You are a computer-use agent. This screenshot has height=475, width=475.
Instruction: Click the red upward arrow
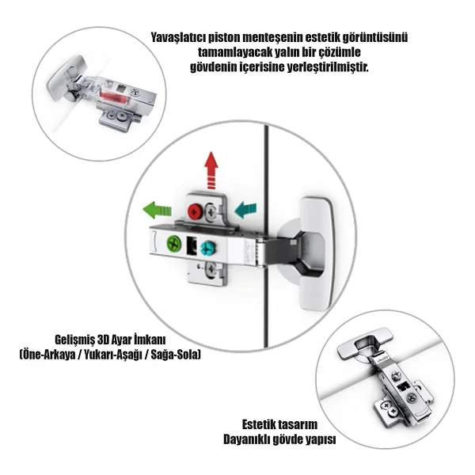[x=211, y=170]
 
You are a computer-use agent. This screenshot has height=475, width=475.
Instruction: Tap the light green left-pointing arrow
[x=157, y=210]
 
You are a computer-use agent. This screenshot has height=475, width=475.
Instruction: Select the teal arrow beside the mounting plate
[x=245, y=210]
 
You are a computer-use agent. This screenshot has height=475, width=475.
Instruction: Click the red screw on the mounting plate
[x=195, y=211]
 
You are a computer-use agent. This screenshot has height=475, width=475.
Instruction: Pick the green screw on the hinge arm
[x=174, y=243]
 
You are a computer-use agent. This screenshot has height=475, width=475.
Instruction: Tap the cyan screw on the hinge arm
[x=207, y=248]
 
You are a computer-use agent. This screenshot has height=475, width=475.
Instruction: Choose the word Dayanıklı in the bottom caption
[x=246, y=439]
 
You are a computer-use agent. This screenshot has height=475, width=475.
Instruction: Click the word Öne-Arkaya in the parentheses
[x=47, y=354]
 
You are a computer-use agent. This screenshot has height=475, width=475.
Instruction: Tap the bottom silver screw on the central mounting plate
[x=211, y=268]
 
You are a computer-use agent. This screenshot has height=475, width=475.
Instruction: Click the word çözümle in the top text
[x=340, y=52]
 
